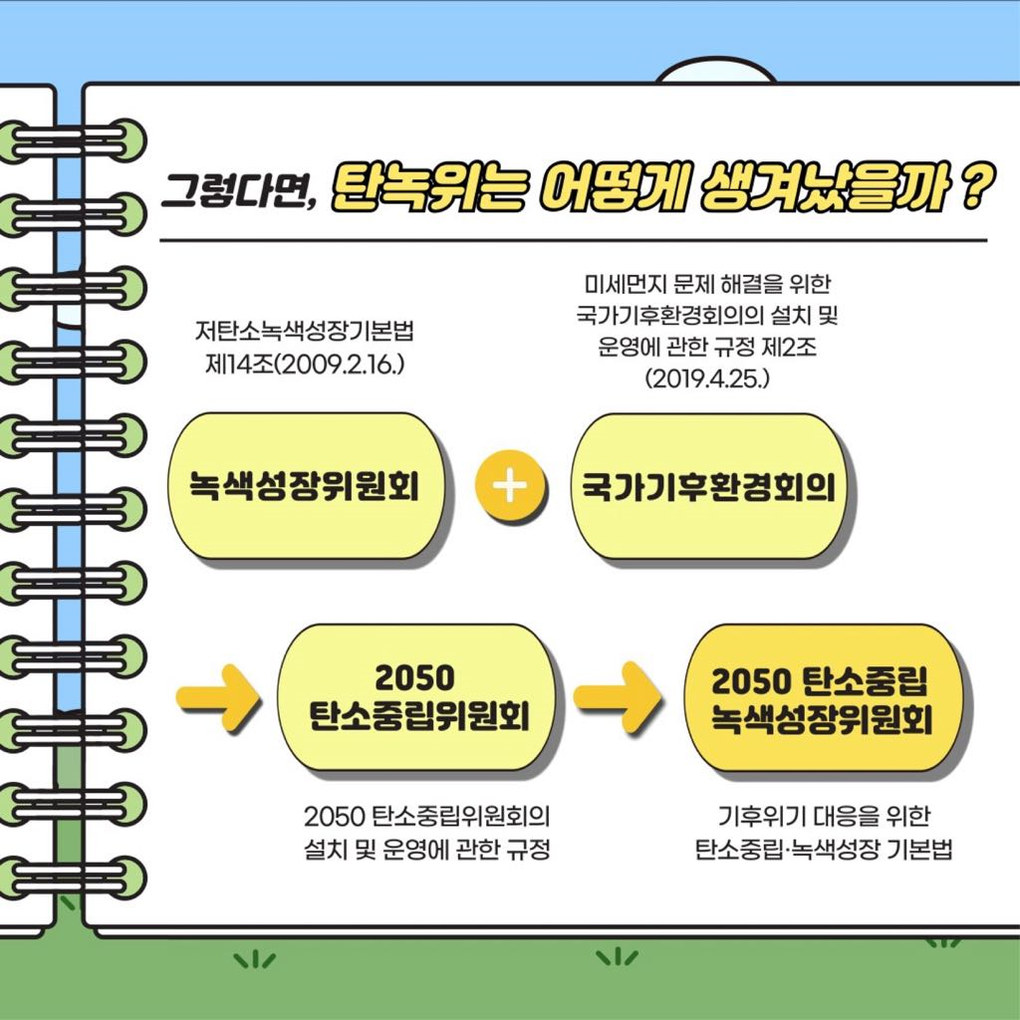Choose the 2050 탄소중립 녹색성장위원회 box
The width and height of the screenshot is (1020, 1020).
click(822, 698)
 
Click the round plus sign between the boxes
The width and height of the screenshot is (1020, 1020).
click(510, 486)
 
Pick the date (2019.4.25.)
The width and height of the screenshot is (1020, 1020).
click(707, 379)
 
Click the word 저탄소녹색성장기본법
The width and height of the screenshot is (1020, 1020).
click(304, 332)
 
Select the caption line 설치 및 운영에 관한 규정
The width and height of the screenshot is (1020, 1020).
click(427, 849)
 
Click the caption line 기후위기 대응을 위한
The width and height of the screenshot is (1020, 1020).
click(824, 816)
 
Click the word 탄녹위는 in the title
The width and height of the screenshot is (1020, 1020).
click(428, 188)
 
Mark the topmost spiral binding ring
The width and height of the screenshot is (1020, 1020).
click(72, 139)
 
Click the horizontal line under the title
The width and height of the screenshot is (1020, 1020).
click(573, 240)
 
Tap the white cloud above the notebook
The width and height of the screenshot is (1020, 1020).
click(715, 72)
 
